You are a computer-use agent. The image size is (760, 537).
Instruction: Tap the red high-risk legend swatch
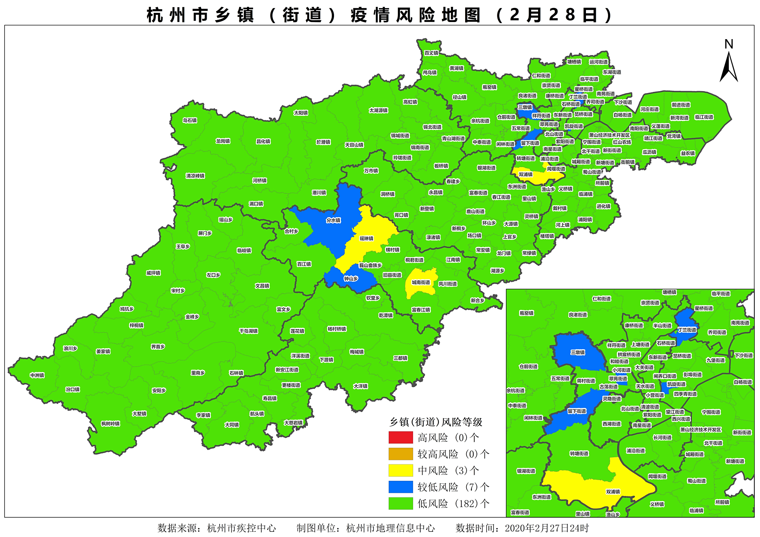pyautogui.click(x=401, y=437)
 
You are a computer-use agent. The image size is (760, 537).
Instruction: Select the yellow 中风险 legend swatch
pyautogui.click(x=401, y=470)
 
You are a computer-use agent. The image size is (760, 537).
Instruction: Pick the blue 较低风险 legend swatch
pyautogui.click(x=401, y=487)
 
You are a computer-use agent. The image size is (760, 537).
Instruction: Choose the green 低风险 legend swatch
pyautogui.click(x=401, y=503)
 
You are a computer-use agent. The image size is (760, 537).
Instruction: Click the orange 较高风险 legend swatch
pyautogui.click(x=401, y=454)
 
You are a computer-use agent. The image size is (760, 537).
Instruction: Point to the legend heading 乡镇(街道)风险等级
pyautogui.click(x=436, y=422)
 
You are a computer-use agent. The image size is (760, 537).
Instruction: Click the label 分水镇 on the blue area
pyautogui.click(x=333, y=220)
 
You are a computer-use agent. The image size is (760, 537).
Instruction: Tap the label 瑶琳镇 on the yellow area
pyautogui.click(x=366, y=238)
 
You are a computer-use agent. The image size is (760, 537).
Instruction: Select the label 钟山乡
pyautogui.click(x=351, y=279)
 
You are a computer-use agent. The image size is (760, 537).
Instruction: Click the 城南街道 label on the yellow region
pyautogui.click(x=421, y=283)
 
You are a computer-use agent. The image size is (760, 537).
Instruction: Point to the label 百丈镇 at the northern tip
pyautogui.click(x=431, y=53)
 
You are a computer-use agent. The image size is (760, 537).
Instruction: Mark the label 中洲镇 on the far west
pyautogui.click(x=37, y=375)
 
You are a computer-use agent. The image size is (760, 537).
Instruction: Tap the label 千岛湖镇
pyautogui.click(x=249, y=331)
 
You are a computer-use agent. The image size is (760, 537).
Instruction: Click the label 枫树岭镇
pyautogui.click(x=110, y=423)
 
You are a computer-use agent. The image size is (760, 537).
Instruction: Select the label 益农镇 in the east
pyautogui.click(x=688, y=153)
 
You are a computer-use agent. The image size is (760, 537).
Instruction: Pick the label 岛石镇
pyautogui.click(x=190, y=120)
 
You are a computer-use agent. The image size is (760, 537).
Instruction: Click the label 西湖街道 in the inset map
pyautogui.click(x=611, y=424)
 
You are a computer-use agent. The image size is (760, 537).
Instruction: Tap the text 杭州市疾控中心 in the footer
pyautogui.click(x=241, y=528)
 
